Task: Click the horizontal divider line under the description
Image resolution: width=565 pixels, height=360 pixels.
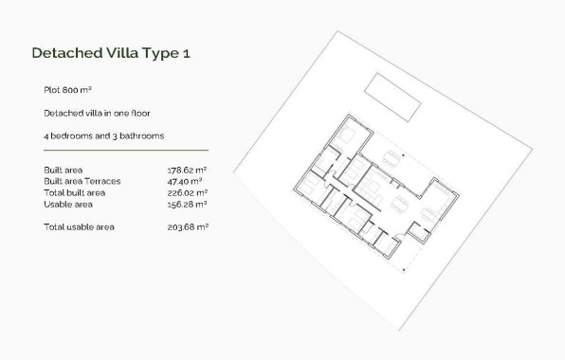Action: pyautogui.click(x=125, y=151)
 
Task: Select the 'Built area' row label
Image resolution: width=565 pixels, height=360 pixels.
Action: pyautogui.click(x=63, y=170)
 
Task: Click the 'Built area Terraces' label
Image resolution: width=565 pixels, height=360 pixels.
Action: pyautogui.click(x=82, y=181)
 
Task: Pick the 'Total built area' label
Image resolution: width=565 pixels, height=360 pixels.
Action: pyautogui.click(x=75, y=192)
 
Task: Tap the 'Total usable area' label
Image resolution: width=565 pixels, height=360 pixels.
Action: pyautogui.click(x=79, y=227)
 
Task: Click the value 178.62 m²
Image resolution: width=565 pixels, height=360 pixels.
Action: pyautogui.click(x=187, y=170)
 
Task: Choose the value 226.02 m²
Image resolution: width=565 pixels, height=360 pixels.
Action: pyautogui.click(x=187, y=192)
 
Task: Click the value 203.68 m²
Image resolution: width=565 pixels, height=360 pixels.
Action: pyautogui.click(x=187, y=227)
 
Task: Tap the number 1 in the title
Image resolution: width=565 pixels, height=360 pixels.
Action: pyautogui.click(x=188, y=53)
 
